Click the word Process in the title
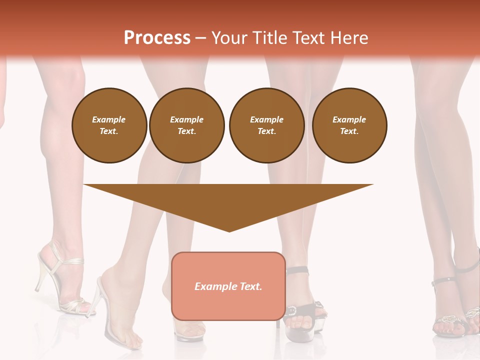pyautogui.click(x=157, y=38)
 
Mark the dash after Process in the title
pyautogui.click(x=200, y=38)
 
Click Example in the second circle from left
pyautogui.click(x=186, y=119)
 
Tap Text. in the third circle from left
pyautogui.click(x=266, y=131)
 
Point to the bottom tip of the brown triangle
pyautogui.click(x=229, y=231)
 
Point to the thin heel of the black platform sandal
pyautogui.click(x=278, y=320)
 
